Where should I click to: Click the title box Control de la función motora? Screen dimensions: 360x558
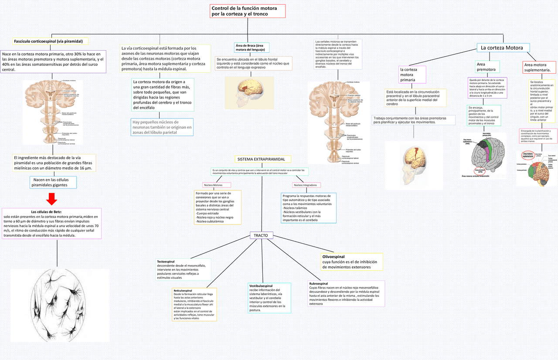247,11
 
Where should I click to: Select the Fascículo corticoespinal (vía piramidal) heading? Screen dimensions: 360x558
50,41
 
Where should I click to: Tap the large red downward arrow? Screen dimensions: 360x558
52,199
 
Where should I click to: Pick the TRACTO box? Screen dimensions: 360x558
262,235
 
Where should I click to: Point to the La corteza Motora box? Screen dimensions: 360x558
503,48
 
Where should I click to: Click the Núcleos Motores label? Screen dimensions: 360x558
216,185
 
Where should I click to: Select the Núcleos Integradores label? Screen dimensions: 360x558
305,185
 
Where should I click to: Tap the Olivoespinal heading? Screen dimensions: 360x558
333,257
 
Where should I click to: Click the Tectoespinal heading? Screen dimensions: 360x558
169,262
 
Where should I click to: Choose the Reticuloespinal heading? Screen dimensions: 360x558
183,290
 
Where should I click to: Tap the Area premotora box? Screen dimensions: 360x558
487,67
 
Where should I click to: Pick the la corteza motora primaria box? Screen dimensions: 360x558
412,75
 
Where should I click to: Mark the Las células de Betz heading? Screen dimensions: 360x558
52,212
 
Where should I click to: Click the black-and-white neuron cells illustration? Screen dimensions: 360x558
60,305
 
